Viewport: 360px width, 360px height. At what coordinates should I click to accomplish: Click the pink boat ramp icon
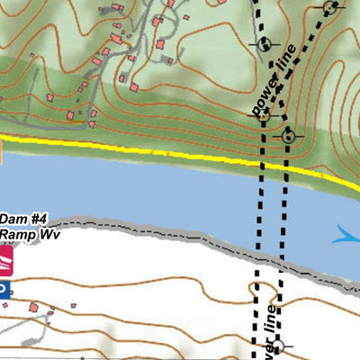click(4, 261)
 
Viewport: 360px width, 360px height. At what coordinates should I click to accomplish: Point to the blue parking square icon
click(3, 290)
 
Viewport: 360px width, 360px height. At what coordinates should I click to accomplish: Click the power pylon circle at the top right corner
click(331, 8)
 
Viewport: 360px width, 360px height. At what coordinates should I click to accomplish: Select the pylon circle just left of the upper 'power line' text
click(265, 44)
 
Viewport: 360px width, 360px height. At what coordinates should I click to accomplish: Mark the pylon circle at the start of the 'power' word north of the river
click(257, 112)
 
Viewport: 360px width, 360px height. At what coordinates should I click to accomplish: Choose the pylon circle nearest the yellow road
click(288, 136)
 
